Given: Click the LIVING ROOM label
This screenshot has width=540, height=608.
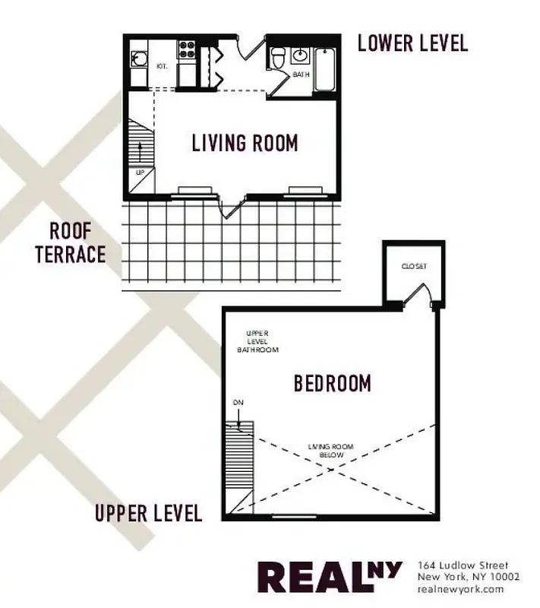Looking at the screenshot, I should pyautogui.click(x=245, y=142).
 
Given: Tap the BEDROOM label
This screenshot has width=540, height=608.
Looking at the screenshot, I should pyautogui.click(x=333, y=383).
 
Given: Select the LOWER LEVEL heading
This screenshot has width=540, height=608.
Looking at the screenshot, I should pyautogui.click(x=412, y=43).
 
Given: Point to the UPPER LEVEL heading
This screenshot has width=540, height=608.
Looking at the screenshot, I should pyautogui.click(x=149, y=513).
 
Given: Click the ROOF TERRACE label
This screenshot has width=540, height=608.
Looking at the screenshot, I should pyautogui.click(x=70, y=242).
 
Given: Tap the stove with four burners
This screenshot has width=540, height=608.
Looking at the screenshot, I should pyautogui.click(x=187, y=50).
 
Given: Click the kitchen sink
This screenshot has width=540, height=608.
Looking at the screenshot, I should pyautogui.click(x=138, y=58).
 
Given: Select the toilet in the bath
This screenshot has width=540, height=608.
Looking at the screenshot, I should pyautogui.click(x=277, y=57).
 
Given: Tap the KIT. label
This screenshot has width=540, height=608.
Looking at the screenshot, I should pyautogui.click(x=162, y=66).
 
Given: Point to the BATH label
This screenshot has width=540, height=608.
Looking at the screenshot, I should pyautogui.click(x=301, y=74).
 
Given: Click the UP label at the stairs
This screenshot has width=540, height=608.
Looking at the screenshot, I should pyautogui.click(x=140, y=172).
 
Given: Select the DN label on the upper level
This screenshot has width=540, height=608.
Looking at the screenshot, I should pyautogui.click(x=237, y=402).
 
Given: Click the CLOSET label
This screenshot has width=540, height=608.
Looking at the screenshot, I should pyautogui.click(x=414, y=266).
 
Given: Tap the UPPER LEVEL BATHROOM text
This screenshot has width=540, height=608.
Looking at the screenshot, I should pyautogui.click(x=257, y=341).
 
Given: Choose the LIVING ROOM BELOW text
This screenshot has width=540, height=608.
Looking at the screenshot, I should pyautogui.click(x=331, y=450).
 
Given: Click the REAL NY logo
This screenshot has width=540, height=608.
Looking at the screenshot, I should pyautogui.click(x=329, y=577).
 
